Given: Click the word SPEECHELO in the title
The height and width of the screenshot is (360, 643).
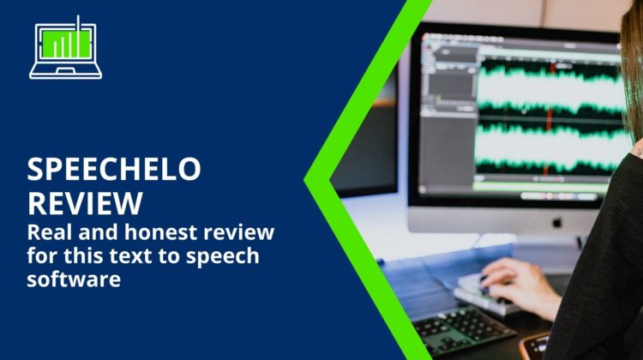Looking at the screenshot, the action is point(113,169).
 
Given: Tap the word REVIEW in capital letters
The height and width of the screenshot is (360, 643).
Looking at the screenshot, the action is point(85,203).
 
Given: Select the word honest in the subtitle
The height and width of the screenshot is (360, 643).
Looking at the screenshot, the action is point(161,231).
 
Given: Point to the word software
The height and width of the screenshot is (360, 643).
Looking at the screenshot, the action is point(74,279).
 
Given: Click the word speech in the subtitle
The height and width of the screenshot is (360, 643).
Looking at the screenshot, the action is point(223,257).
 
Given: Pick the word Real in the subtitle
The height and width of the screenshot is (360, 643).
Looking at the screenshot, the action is point(50,231).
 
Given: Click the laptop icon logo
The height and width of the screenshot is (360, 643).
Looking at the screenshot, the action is point(66,47).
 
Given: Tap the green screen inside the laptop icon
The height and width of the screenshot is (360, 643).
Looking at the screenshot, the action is point(66,44).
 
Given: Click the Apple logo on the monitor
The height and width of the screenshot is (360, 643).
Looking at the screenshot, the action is point(556,223).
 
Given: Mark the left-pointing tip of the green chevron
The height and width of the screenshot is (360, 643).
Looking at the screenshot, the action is point(304,179).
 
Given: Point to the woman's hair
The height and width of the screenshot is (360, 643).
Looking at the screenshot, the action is point(632,69).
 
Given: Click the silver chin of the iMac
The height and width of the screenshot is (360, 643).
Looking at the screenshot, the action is point(504,220).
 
